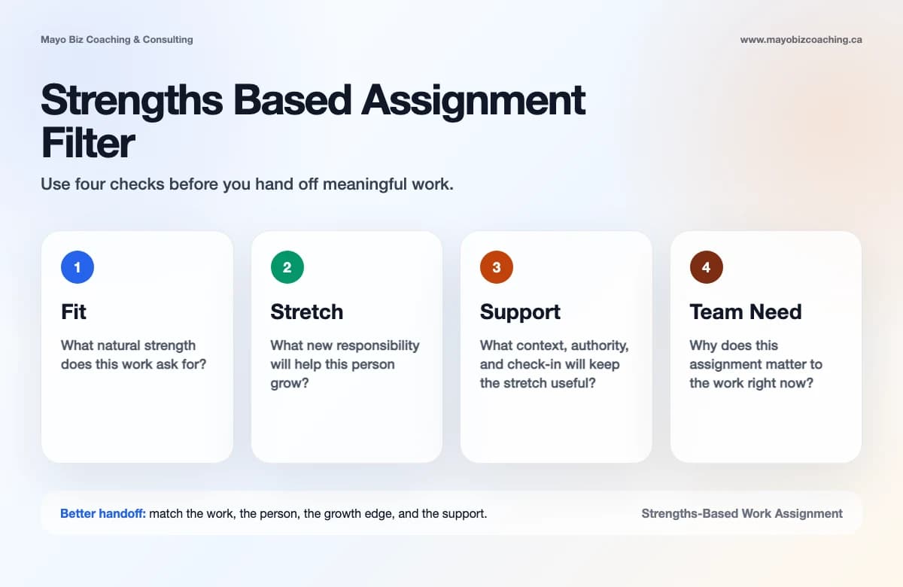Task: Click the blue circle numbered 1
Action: [78, 267]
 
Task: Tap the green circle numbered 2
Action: [287, 267]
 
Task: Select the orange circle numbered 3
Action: [497, 267]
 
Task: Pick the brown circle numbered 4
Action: [707, 267]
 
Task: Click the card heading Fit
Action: [74, 312]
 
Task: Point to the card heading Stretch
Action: [306, 312]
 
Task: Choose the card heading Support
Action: [520, 312]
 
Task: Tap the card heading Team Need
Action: [745, 312]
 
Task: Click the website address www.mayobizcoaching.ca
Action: [801, 39]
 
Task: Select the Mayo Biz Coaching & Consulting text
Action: [117, 39]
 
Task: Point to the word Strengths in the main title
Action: [132, 99]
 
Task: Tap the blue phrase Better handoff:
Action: [103, 513]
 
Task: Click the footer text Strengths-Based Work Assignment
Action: [742, 513]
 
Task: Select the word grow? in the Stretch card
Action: [290, 382]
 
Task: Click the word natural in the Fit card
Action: [122, 345]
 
